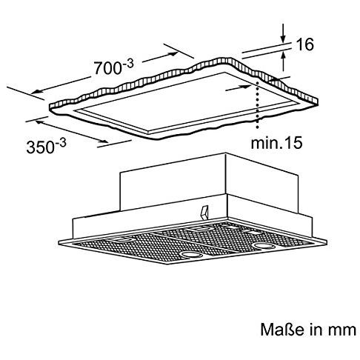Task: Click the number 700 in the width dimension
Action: coord(107,67)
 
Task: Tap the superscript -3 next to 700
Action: coord(128,64)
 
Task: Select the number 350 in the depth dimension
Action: coord(41,147)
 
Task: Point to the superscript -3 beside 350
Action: coord(61,144)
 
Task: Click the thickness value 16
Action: coord(304,44)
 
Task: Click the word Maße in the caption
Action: coord(282,329)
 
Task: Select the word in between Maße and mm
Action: coord(316,329)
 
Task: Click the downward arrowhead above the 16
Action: coord(283,39)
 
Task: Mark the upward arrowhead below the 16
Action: coord(283,56)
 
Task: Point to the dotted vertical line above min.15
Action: coord(258,104)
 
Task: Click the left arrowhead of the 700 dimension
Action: coord(36,92)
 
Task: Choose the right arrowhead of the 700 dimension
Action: coord(173,54)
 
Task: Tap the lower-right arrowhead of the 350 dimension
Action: coord(104,141)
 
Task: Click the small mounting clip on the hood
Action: coord(204,213)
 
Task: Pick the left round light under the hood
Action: coord(190,254)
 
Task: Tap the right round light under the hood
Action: coord(264,246)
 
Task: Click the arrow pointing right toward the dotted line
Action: coord(239,87)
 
